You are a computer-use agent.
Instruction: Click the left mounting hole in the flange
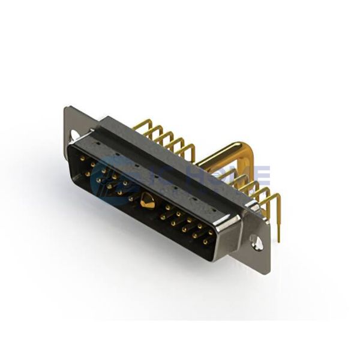tap(74, 136)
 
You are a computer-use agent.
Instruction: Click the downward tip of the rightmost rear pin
tap(279, 239)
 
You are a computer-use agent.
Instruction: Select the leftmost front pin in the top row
tap(82, 158)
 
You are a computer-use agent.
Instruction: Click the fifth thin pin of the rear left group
tap(186, 147)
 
